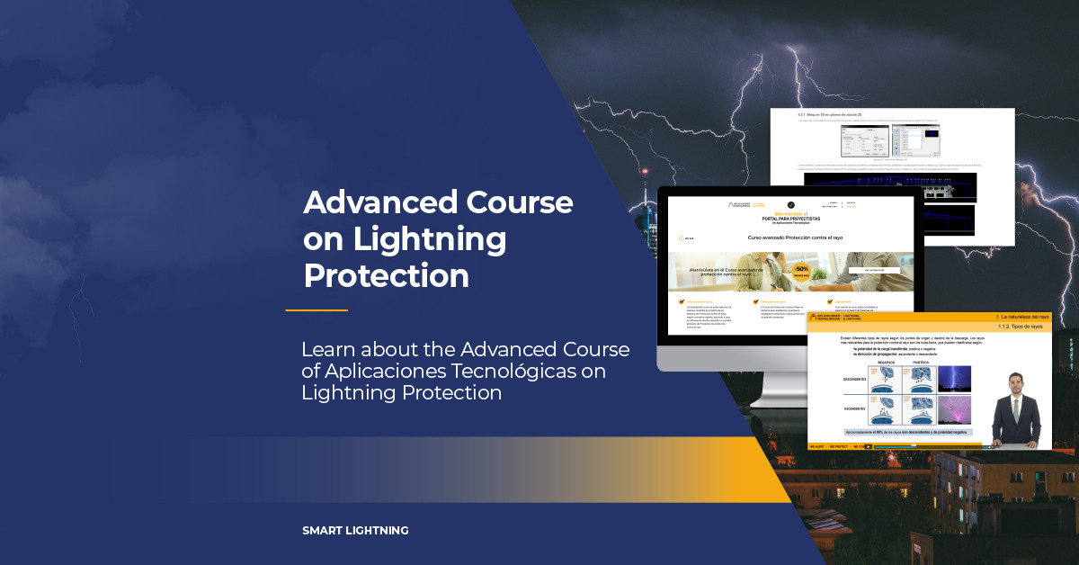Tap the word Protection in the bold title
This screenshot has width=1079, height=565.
tap(386, 275)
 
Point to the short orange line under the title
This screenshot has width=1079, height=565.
tap(317, 310)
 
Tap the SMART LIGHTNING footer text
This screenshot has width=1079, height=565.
tap(355, 531)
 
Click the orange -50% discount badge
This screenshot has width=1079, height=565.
tap(801, 270)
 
